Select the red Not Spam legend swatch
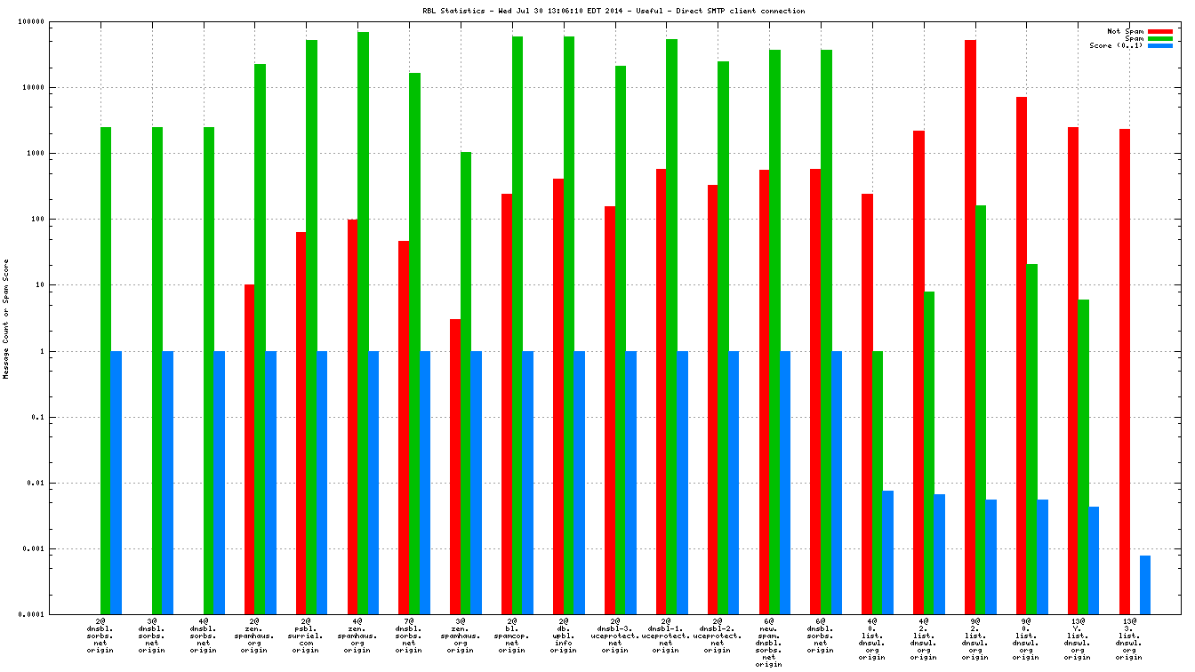coord(1160,31)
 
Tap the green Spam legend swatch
coord(1160,38)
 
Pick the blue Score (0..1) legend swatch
coord(1160,45)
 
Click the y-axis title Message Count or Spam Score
coord(6,319)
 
